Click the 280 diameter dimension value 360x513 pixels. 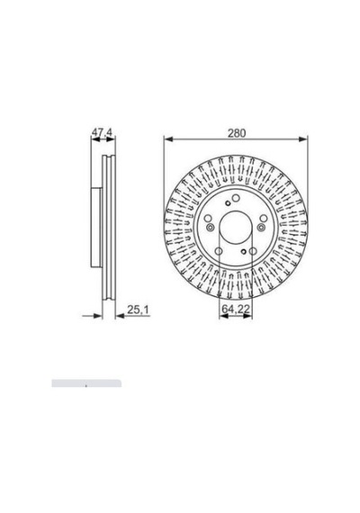[x=237, y=133]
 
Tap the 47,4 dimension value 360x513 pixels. [x=102, y=132]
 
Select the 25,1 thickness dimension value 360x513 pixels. [x=138, y=310]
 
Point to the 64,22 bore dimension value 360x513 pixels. [x=236, y=309]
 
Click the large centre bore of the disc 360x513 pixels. [x=236, y=228]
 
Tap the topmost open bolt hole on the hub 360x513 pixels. [x=236, y=198]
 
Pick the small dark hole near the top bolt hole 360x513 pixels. [x=228, y=203]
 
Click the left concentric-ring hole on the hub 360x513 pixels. [x=211, y=228]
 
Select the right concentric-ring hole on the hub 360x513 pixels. [x=261, y=228]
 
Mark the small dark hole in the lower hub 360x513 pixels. [x=243, y=251]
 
